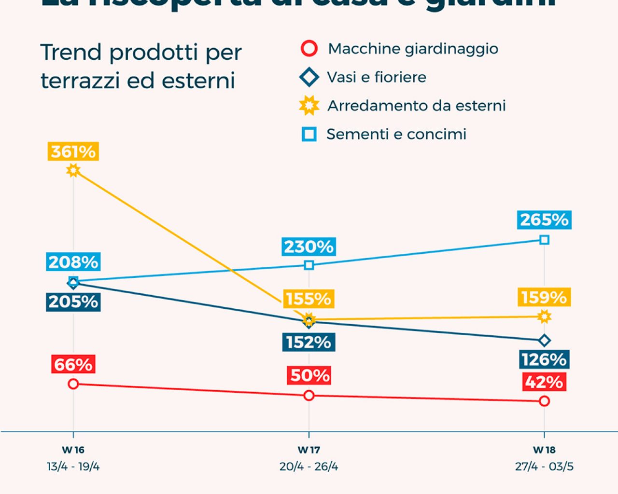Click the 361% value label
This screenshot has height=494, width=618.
coord(73,151)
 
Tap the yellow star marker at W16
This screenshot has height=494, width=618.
coord(73,170)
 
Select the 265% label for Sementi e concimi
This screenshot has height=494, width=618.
coord(544,220)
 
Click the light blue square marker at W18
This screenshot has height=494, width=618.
coord(545,240)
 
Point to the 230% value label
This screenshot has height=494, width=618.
coord(309,247)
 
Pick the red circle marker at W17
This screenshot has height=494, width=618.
coord(309,396)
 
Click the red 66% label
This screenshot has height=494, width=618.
coord(73,364)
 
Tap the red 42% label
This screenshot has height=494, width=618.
coord(544,382)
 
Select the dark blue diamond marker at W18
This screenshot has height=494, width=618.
coord(545,341)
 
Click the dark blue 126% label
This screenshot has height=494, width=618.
coord(544,359)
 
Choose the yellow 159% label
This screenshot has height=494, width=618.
coord(544,297)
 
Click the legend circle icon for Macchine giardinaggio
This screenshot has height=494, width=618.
coord(309,49)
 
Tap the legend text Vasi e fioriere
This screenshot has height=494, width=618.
coord(377,77)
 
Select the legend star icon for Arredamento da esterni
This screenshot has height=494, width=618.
coord(309,106)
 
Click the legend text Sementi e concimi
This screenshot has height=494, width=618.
coord(396,134)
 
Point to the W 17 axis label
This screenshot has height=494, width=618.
coord(309,450)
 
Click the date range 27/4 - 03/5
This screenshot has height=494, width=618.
coord(544,467)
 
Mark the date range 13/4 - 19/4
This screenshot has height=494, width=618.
coord(73,467)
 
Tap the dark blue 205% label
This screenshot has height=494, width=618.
coord(73,302)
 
